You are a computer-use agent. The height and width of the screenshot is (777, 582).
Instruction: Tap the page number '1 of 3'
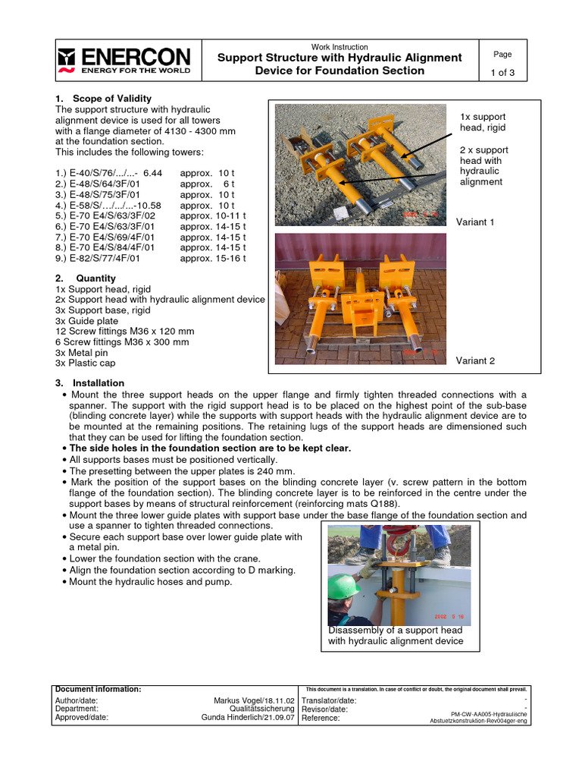[x=502, y=72]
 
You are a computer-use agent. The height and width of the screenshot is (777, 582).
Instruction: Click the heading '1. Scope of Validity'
[x=104, y=99]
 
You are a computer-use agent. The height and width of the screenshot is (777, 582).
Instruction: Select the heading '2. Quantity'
[x=86, y=278]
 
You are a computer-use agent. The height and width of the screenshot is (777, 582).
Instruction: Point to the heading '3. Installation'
[x=90, y=383]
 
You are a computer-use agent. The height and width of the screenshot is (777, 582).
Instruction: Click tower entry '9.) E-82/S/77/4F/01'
[x=99, y=258]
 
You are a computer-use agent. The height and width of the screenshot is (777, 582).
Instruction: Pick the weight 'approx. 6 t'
[x=208, y=184]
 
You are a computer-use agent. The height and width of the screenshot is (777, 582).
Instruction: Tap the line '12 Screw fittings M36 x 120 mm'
[x=125, y=332]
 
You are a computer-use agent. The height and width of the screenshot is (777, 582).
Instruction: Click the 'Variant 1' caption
[x=475, y=222]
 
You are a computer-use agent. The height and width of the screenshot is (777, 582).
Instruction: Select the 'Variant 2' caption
[x=475, y=360]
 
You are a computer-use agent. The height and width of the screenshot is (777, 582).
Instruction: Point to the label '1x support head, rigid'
[x=483, y=122]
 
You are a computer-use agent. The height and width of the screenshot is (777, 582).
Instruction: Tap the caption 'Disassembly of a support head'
[x=395, y=631]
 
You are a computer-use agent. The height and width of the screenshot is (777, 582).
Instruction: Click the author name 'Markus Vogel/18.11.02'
[x=254, y=700]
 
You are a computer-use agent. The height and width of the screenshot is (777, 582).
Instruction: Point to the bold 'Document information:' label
[x=99, y=689]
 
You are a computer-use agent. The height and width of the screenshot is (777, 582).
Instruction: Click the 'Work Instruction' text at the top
[x=339, y=47]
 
